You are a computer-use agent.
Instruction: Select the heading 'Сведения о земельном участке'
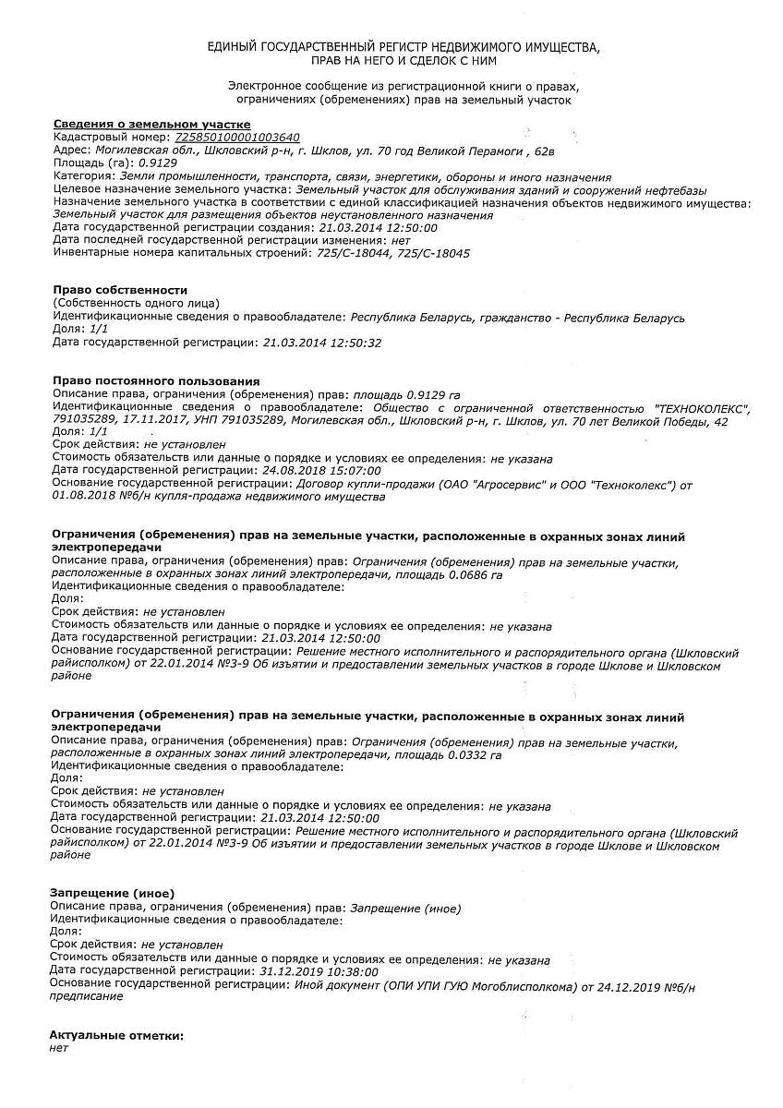click(x=151, y=125)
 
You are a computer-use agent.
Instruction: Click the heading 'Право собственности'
click(x=120, y=290)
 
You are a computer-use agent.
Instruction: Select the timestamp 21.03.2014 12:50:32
click(x=321, y=343)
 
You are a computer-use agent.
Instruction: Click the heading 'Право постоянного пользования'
click(x=156, y=380)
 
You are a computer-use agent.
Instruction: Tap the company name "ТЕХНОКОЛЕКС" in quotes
click(x=702, y=407)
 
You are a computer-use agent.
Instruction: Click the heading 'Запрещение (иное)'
click(x=112, y=893)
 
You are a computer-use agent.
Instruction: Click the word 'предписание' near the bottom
click(x=86, y=996)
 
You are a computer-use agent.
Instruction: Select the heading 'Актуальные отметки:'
click(x=116, y=1036)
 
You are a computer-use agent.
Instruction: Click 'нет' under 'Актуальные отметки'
click(x=59, y=1048)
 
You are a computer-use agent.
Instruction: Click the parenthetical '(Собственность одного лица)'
click(x=137, y=303)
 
